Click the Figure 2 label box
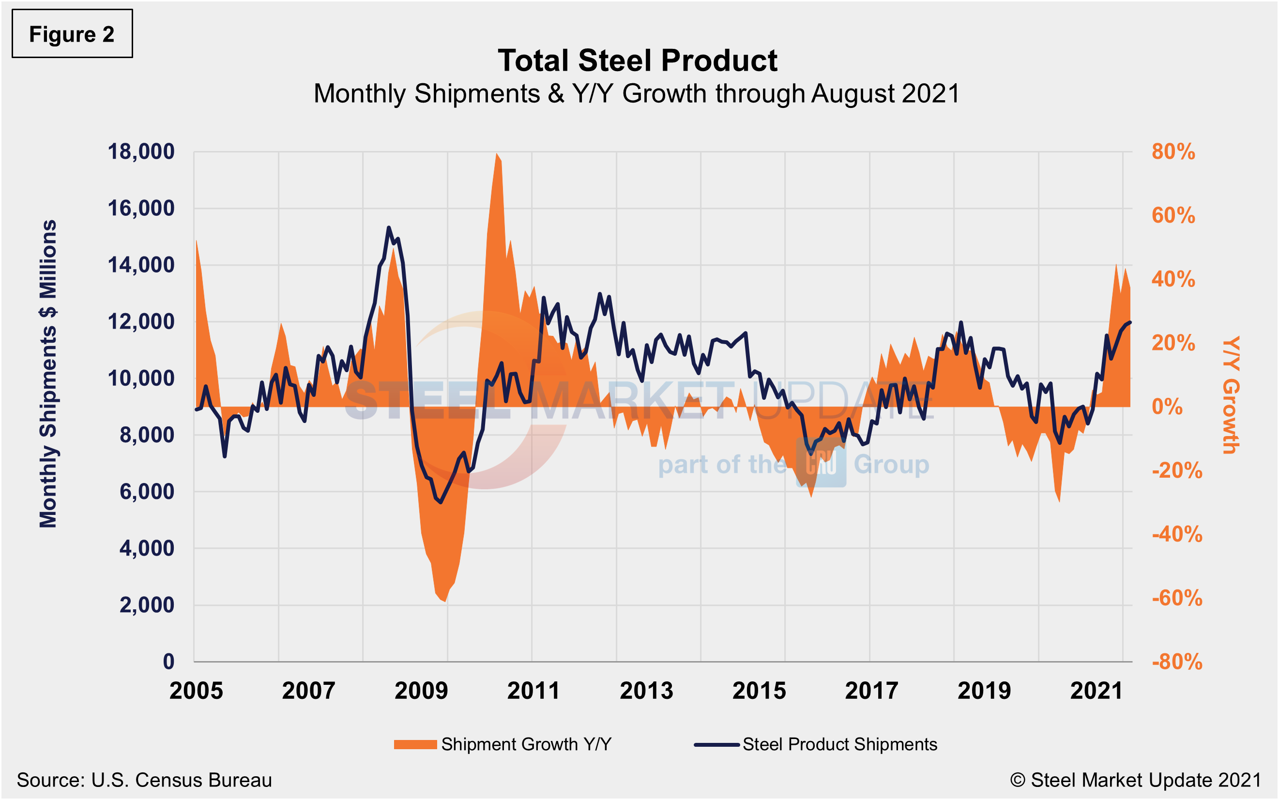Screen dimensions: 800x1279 point(72,34)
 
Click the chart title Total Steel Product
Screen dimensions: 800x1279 point(637,60)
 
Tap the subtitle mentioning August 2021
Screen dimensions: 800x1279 point(637,94)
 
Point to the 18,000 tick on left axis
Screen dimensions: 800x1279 point(141,152)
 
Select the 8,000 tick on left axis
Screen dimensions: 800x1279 point(147,435)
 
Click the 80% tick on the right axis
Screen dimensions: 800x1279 point(1172,152)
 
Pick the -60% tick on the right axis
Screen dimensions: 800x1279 point(1176,598)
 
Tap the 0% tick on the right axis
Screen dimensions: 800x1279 point(1167,407)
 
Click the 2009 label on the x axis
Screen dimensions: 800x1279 point(421,691)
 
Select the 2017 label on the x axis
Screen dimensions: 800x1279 point(871,691)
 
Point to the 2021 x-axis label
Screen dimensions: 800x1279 point(1096,691)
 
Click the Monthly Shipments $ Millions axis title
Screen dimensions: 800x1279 point(48,374)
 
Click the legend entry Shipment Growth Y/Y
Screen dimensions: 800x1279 point(502,744)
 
